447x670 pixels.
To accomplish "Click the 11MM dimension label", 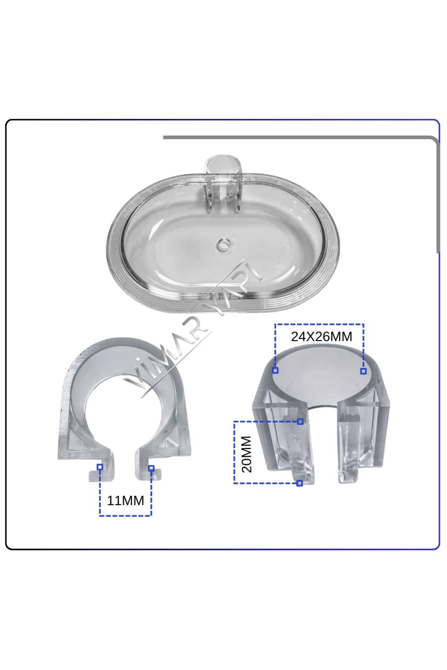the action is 126,501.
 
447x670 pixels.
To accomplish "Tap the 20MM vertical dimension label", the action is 247,454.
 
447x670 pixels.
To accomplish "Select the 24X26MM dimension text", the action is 321,336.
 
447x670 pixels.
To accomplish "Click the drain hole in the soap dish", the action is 223,245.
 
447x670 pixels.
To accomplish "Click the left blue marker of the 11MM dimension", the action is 100,467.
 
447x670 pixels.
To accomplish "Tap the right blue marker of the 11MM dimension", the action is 151,468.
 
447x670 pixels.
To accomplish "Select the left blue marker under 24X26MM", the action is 275,370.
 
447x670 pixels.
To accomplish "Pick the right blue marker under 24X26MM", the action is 364,371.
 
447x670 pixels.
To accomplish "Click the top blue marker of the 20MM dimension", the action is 300,421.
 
